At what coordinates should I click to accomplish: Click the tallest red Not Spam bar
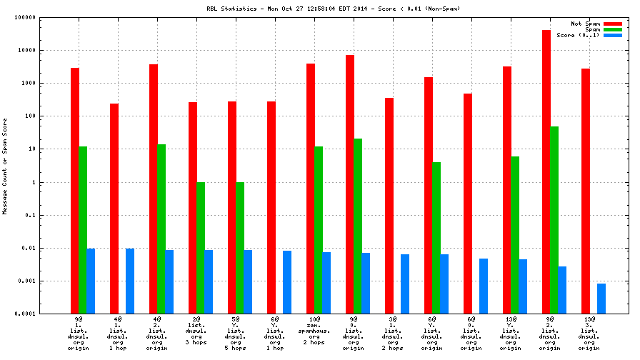pos(546,171)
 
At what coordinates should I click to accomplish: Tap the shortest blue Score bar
pos(601,299)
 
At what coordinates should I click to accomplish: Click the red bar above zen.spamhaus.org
pos(311,189)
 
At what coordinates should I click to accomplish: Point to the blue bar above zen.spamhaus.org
pos(326,283)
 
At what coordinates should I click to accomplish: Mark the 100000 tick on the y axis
pos(26,18)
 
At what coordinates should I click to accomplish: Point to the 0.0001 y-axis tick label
pos(26,314)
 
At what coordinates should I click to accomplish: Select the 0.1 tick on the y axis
pos(33,216)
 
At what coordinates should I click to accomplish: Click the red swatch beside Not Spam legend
pos(612,24)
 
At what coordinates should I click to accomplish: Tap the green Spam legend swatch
pos(612,29)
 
